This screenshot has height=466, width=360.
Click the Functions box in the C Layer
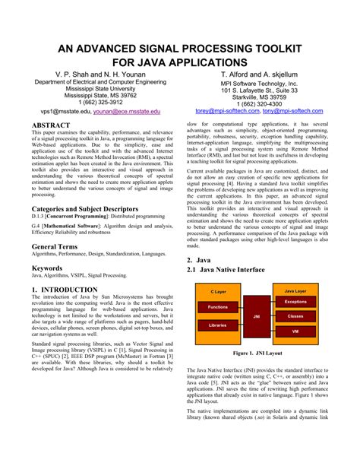tap(217, 306)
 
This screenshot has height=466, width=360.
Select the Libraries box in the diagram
tap(217, 325)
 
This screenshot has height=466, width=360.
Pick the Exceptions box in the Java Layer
tap(295, 302)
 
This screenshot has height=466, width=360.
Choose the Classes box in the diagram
tap(295, 315)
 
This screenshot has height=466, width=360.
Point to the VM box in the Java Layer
tap(295, 330)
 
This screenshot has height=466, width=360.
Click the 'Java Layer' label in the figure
tap(295, 291)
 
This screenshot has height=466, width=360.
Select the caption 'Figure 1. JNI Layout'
tap(258, 353)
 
